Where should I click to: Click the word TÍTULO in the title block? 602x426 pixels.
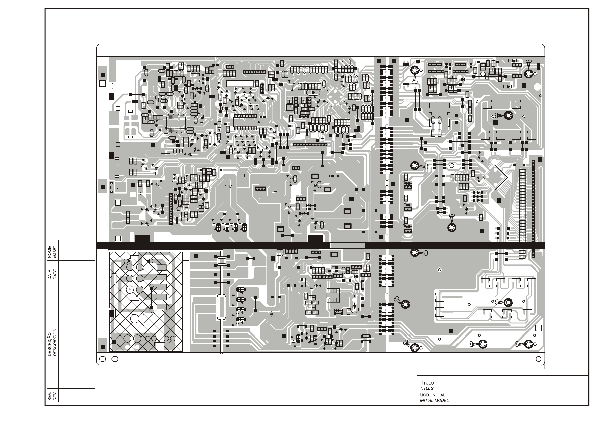(x=427, y=383)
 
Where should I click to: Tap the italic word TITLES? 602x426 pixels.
(x=426, y=388)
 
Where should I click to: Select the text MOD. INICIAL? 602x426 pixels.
(x=432, y=395)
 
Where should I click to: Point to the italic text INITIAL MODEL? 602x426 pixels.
(x=434, y=400)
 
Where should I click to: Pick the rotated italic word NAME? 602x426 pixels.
(x=55, y=252)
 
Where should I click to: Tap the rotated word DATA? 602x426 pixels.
(x=50, y=274)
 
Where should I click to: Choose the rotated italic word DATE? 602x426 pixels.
(x=55, y=274)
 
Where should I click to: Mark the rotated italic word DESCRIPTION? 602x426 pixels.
(x=55, y=342)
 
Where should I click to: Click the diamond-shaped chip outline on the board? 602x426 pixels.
(x=495, y=177)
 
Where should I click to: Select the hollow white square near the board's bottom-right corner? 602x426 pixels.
(x=538, y=328)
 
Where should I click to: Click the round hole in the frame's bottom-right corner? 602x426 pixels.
(x=539, y=359)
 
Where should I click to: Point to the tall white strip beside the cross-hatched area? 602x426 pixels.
(x=186, y=298)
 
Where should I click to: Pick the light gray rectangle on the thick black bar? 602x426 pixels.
(x=347, y=245)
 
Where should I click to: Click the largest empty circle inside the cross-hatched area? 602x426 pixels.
(x=135, y=319)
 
